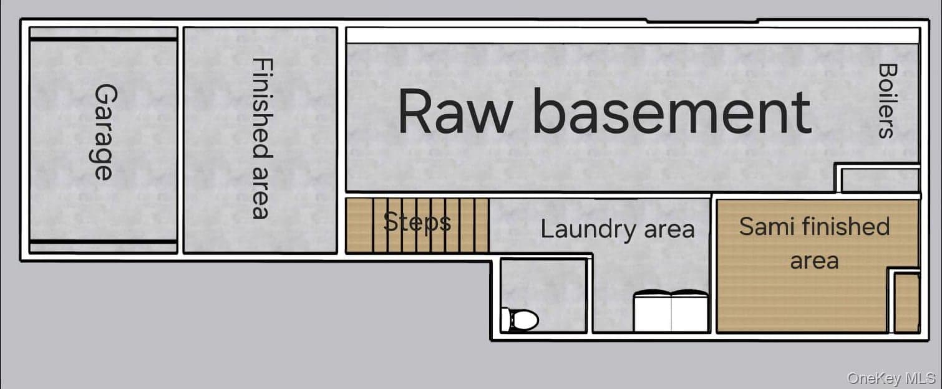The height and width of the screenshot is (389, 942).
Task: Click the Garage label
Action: tap(102, 132)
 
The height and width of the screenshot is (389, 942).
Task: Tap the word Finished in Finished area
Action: tap(263, 108)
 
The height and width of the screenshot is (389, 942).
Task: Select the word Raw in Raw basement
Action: tap(455, 112)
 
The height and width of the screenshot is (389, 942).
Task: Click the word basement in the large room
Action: tap(672, 112)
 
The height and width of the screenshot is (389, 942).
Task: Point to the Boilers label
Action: tap(887, 101)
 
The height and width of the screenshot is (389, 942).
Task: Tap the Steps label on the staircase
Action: tap(417, 222)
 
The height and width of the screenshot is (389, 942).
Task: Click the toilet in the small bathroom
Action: tap(520, 320)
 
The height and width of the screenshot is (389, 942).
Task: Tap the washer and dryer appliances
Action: tap(671, 311)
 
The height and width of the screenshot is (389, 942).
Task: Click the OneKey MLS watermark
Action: tap(891, 378)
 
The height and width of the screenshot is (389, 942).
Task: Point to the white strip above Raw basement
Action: tap(633, 36)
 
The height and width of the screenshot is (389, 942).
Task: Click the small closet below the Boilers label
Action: tap(880, 181)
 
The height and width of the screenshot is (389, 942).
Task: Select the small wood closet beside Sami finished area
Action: tap(906, 302)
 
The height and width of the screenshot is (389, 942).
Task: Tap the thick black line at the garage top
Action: tap(104, 39)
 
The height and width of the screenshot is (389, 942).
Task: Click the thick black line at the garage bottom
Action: tap(104, 241)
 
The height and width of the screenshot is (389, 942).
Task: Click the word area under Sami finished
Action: tap(815, 261)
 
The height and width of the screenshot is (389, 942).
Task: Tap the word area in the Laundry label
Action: tap(669, 231)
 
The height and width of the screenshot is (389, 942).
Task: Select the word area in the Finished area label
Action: tap(261, 193)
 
